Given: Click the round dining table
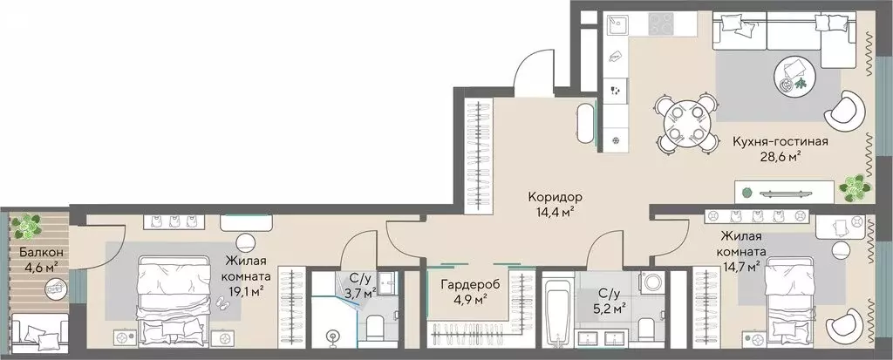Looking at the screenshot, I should pos(681,124).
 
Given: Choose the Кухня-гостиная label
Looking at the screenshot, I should pos(779,142).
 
